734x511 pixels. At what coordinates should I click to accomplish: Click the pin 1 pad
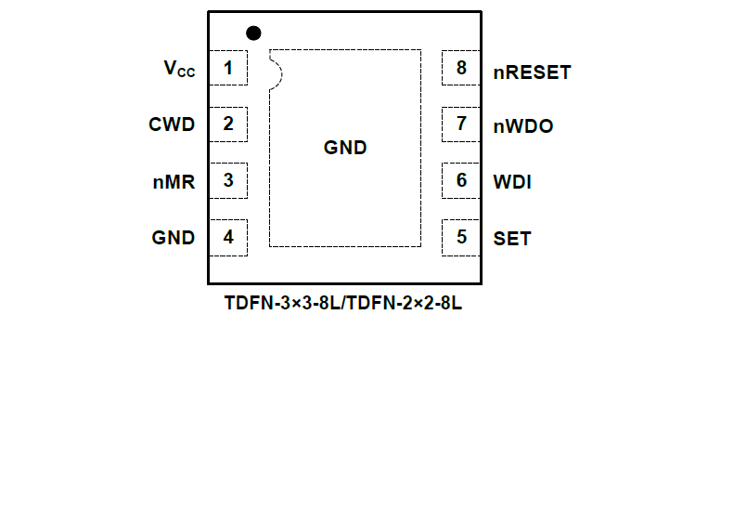coord(228,68)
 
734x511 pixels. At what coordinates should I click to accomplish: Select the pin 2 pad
coord(228,124)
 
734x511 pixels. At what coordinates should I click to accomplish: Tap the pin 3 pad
coord(228,180)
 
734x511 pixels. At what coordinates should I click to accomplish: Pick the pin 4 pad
coord(228,237)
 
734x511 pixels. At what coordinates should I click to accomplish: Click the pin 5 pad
coord(460,237)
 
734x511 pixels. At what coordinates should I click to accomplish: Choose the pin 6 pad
coord(460,180)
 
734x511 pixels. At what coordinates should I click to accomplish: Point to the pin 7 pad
coord(460,124)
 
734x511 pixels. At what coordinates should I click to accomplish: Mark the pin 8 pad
coord(460,68)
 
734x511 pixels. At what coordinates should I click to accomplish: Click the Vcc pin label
coord(179,69)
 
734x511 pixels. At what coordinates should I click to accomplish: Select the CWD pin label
coord(172,124)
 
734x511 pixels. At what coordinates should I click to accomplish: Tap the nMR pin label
coord(174,182)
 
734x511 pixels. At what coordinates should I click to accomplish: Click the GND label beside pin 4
coord(174,238)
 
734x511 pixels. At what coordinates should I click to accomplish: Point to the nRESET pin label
coord(532,72)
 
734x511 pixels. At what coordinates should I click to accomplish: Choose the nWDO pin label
coord(523,126)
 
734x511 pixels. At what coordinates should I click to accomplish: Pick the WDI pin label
coord(512,182)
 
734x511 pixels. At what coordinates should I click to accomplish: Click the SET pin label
coord(512,239)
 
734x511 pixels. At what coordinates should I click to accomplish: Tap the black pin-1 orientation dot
coord(253,33)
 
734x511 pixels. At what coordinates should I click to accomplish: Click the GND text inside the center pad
coord(345,148)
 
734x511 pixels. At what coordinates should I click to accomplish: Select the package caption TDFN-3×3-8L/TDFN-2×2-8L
coord(343,304)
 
